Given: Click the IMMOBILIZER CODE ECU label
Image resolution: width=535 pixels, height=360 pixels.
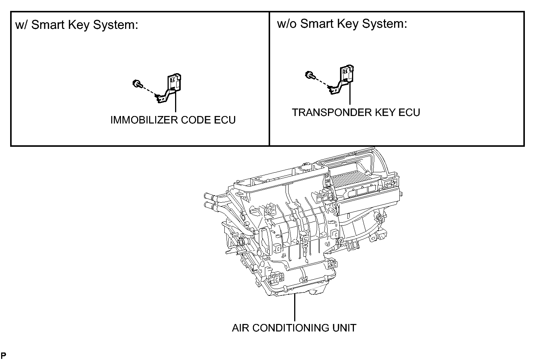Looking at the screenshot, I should [173, 120].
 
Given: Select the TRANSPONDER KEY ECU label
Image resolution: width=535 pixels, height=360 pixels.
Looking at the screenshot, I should [356, 113].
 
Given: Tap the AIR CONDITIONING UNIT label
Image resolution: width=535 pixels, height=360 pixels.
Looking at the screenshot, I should [294, 328].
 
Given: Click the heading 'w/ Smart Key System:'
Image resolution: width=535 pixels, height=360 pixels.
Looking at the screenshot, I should [77, 25].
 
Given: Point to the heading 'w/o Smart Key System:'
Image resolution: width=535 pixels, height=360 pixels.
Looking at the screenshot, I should [342, 24].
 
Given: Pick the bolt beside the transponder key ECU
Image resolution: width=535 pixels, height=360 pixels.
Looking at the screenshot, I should [310, 75].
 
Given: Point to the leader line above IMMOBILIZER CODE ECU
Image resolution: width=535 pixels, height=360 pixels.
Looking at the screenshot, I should [175, 103].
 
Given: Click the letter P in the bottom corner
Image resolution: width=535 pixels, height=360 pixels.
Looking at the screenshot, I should [3, 355].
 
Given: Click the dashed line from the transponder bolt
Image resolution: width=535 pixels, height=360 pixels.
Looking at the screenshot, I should [321, 81].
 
